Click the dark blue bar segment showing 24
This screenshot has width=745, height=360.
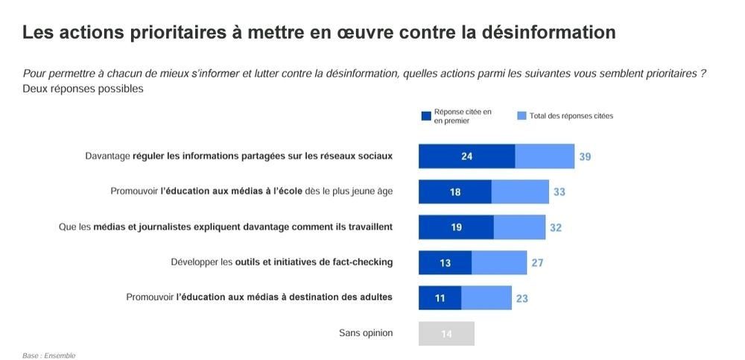coord(466,157)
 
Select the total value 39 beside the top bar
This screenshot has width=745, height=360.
coord(585,157)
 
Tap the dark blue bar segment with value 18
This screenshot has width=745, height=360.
coord(454,192)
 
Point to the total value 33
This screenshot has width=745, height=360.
coord(559,192)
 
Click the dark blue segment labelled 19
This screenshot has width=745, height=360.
coord(456,227)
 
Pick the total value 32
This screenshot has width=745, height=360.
coord(556,227)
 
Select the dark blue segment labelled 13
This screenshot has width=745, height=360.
coord(445,262)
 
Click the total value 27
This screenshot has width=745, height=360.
coord(536,262)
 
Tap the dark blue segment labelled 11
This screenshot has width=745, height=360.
coord(440,298)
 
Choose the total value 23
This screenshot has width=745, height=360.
coord(522,298)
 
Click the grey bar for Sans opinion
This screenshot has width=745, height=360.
coord(446,333)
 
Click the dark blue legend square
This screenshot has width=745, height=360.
coord(426,116)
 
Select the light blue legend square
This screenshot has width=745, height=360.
coord(521,116)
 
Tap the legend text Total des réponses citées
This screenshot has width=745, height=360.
coord(571,116)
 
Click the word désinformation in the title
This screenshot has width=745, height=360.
coord(549,33)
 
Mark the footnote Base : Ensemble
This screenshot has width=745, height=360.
coord(48,356)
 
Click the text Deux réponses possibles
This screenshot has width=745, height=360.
coord(83,89)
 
